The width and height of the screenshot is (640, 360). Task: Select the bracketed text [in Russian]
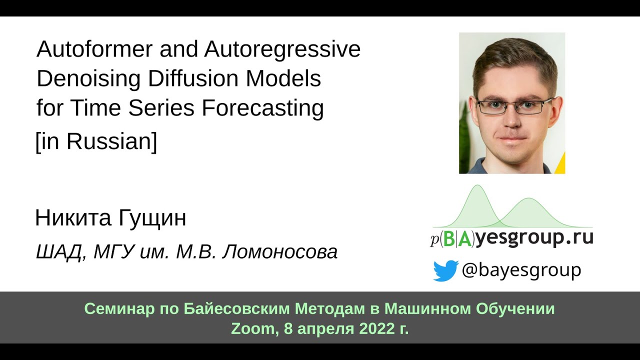[96, 142]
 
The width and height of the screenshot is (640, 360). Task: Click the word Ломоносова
[279, 252]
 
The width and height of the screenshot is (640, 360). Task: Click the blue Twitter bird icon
[445, 270]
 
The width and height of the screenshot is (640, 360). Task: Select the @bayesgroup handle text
[521, 270]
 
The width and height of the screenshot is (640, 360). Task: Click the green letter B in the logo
[449, 239]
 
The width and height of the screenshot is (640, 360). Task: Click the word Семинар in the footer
[115, 309]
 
